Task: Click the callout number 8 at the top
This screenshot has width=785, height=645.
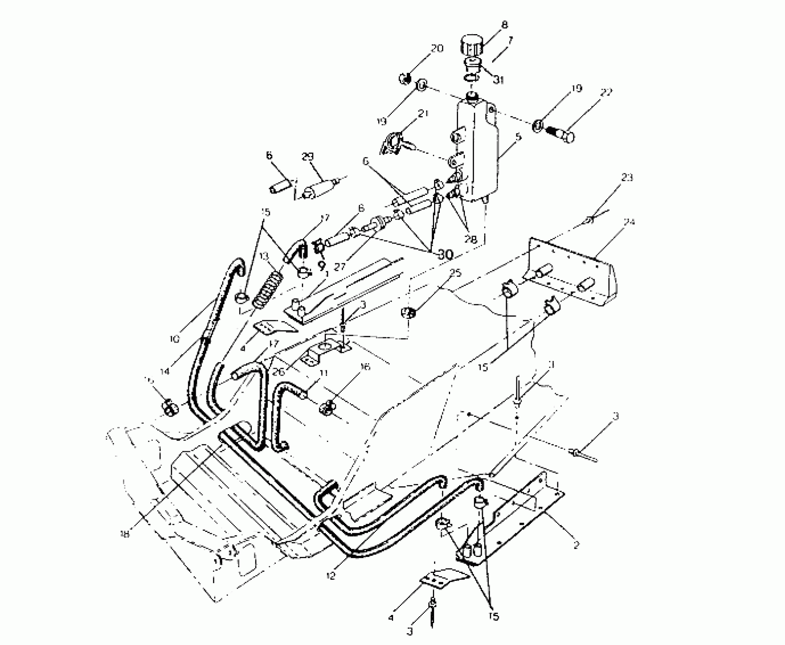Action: pyautogui.click(x=504, y=25)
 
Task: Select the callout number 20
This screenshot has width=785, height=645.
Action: pyautogui.click(x=437, y=49)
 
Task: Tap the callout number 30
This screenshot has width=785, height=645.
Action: pyautogui.click(x=445, y=255)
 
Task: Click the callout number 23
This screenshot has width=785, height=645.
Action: pyautogui.click(x=627, y=178)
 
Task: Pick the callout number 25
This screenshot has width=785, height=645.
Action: pyautogui.click(x=456, y=272)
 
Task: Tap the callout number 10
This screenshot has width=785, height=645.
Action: pyautogui.click(x=175, y=338)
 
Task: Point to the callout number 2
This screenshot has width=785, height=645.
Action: pyautogui.click(x=576, y=546)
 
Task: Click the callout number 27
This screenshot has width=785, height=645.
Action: pyautogui.click(x=340, y=266)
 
